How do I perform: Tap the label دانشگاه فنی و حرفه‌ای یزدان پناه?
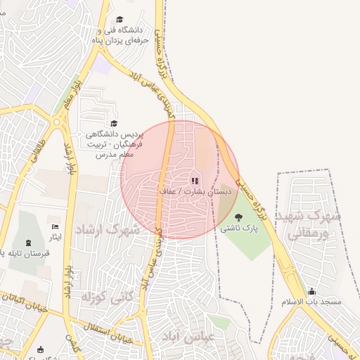[x=117, y=36]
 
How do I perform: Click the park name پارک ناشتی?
[x=239, y=228]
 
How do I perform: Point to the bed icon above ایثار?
[x=56, y=227]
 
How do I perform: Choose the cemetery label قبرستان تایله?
[x=24, y=252]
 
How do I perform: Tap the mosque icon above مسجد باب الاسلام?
[x=311, y=291]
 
